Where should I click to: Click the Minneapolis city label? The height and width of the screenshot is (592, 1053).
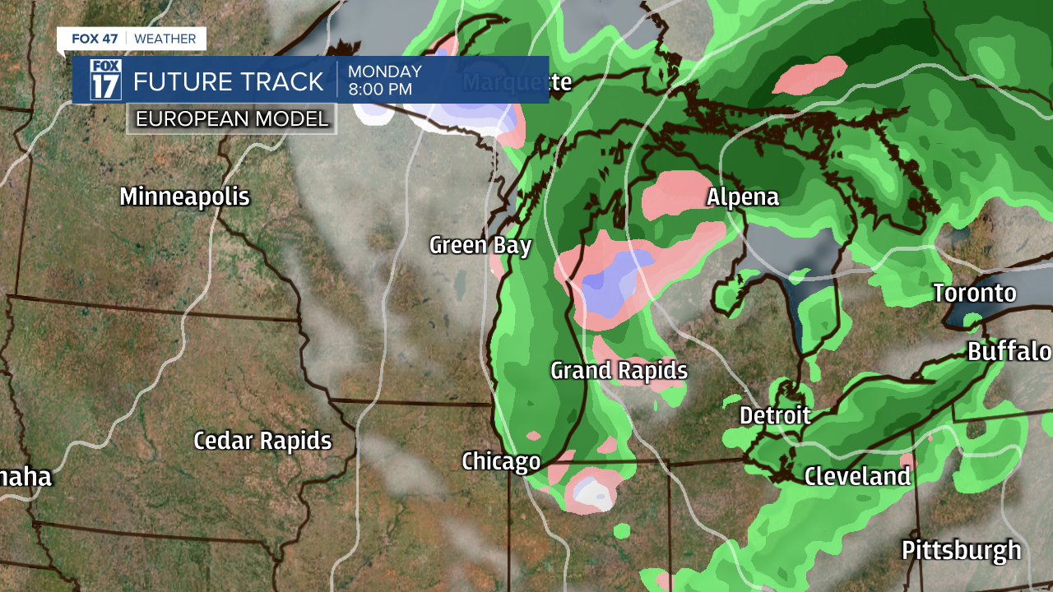[x=184, y=197]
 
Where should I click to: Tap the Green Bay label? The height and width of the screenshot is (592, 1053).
[x=480, y=246]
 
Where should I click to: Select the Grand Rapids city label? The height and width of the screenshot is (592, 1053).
[x=619, y=371]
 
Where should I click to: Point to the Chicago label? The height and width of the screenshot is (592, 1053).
[x=501, y=461]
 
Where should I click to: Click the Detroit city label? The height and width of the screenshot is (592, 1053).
[x=775, y=415]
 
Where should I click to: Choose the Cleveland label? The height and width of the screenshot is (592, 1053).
[x=857, y=476]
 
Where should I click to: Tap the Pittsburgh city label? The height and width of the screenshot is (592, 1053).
[x=961, y=550]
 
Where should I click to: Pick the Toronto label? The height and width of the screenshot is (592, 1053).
[x=975, y=294]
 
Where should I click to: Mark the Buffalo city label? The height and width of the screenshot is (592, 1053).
[x=1009, y=352]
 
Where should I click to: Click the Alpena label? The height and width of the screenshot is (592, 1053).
[x=743, y=197]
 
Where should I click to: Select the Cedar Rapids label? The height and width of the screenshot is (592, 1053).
[x=262, y=441]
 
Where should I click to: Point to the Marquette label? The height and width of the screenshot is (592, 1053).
[x=517, y=82]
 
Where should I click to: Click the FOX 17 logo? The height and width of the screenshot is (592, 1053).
[x=105, y=80]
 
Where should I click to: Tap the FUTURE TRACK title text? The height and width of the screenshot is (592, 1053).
[x=229, y=81]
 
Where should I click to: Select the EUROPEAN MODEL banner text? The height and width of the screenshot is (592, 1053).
[x=232, y=118]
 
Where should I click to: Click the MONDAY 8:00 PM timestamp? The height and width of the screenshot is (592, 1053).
[x=385, y=81]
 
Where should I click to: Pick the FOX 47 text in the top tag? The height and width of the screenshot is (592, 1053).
[x=96, y=39]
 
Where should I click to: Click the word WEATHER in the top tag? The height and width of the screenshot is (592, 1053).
[x=165, y=39]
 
